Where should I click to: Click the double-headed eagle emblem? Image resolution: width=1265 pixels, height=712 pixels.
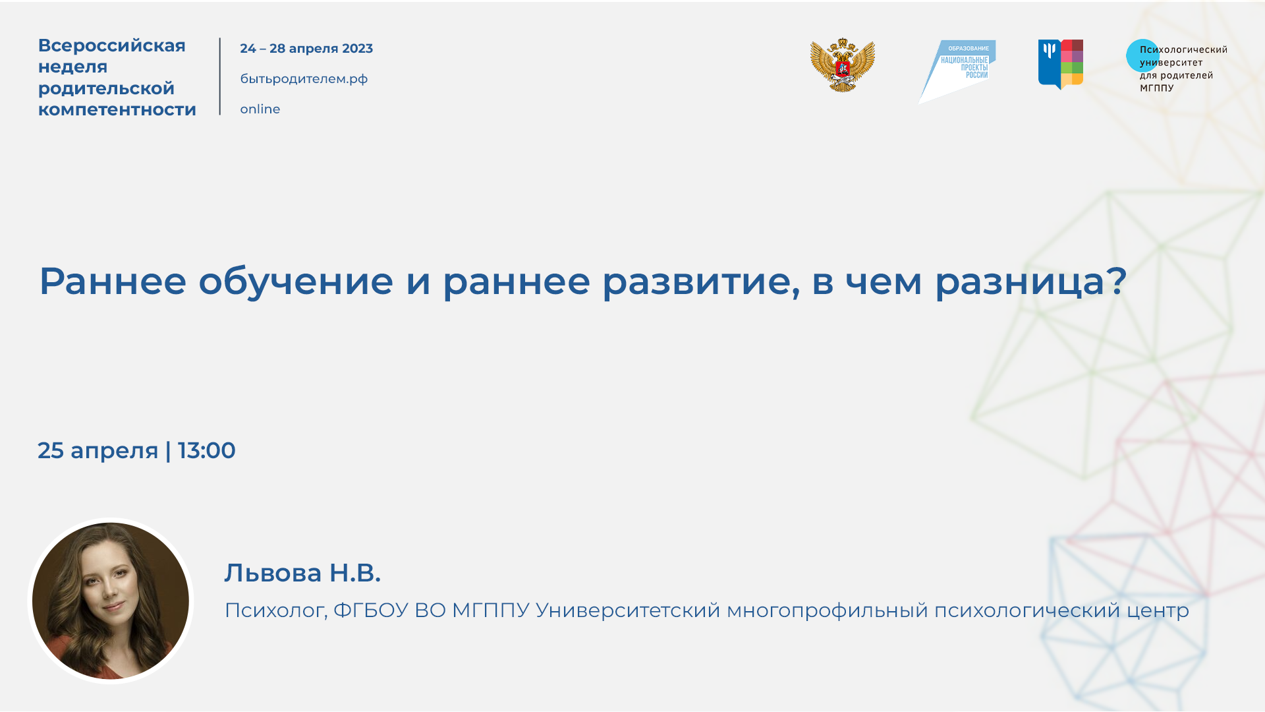(842, 65)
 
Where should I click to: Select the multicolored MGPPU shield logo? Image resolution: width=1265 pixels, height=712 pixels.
(1061, 64)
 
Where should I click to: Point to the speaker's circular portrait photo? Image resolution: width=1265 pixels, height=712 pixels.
(111, 601)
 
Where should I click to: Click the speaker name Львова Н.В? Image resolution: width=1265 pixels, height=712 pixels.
(302, 573)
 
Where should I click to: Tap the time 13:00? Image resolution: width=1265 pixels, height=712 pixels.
(206, 451)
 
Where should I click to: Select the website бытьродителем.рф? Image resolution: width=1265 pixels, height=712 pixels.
(304, 79)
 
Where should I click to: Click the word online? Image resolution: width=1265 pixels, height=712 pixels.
(260, 109)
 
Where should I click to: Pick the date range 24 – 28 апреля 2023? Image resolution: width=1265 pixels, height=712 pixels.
(306, 49)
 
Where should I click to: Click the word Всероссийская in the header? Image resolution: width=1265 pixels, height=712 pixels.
(112, 45)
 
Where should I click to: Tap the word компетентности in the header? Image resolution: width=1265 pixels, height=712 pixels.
(117, 109)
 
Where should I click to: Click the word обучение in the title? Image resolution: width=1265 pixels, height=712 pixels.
(296, 282)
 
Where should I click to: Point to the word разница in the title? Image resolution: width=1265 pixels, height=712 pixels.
(1019, 282)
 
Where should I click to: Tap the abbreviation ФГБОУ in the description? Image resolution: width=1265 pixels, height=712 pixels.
(370, 610)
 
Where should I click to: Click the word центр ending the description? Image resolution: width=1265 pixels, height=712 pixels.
(1157, 610)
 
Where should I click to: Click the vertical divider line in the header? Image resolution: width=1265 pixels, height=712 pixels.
(220, 76)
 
